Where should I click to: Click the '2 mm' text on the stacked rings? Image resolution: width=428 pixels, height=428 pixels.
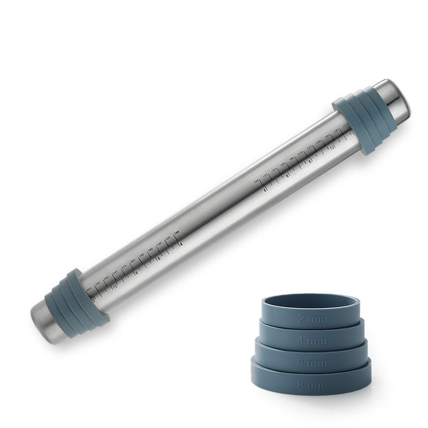[309, 319]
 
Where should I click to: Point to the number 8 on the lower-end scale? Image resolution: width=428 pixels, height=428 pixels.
[136, 272]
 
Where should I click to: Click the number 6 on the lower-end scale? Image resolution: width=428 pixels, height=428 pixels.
[159, 258]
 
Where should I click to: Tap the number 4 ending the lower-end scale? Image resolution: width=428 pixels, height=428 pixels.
[181, 244]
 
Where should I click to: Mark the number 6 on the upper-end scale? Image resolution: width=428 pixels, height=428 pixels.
[288, 175]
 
